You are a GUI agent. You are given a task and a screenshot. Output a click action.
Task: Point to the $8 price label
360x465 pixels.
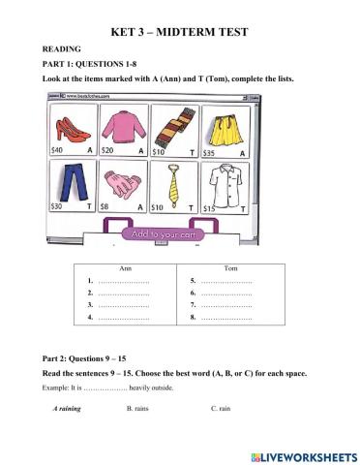[115, 206]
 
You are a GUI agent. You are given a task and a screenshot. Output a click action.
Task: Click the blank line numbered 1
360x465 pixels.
[121, 281]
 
